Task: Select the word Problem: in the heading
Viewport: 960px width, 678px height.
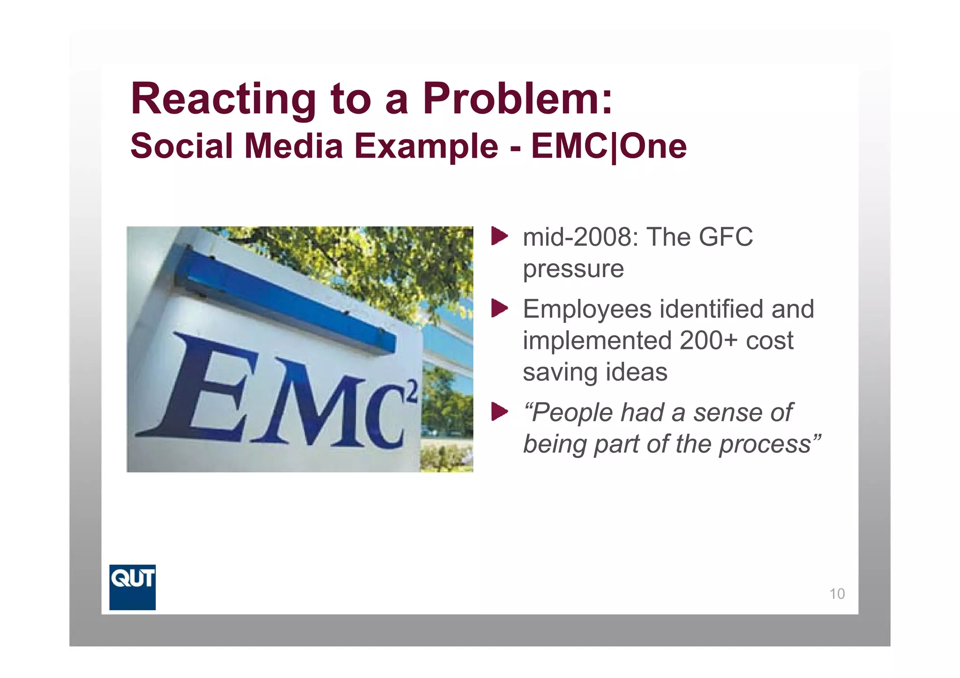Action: [x=517, y=100]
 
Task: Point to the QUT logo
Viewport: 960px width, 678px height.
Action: [x=132, y=587]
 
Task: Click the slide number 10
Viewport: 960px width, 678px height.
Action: [x=837, y=594]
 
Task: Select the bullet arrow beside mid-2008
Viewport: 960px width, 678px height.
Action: [x=499, y=236]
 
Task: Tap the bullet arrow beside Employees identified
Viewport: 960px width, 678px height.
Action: [x=499, y=309]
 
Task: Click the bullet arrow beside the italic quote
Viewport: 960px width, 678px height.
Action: [x=499, y=412]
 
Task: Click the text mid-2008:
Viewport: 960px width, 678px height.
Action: [x=580, y=237]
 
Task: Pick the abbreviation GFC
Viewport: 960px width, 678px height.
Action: [x=726, y=237]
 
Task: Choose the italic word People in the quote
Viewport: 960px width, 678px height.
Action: [x=573, y=413]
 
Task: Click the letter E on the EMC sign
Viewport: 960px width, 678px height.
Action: [x=202, y=389]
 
